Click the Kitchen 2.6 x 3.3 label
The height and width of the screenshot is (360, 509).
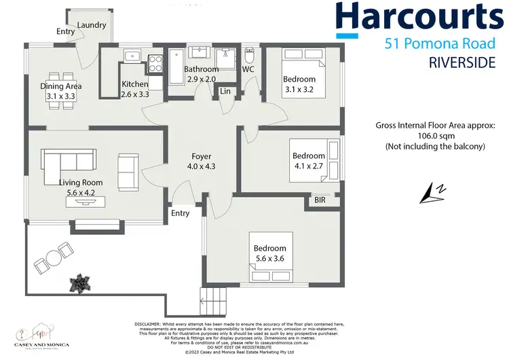[134, 89]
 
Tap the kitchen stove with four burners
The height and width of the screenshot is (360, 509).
[155, 63]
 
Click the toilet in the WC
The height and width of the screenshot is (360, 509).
[248, 54]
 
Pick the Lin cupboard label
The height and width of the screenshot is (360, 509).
[225, 91]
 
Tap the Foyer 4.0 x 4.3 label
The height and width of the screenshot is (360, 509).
[202, 162]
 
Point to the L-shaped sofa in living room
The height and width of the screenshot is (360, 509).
[65, 164]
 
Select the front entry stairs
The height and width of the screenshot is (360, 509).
[211, 297]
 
